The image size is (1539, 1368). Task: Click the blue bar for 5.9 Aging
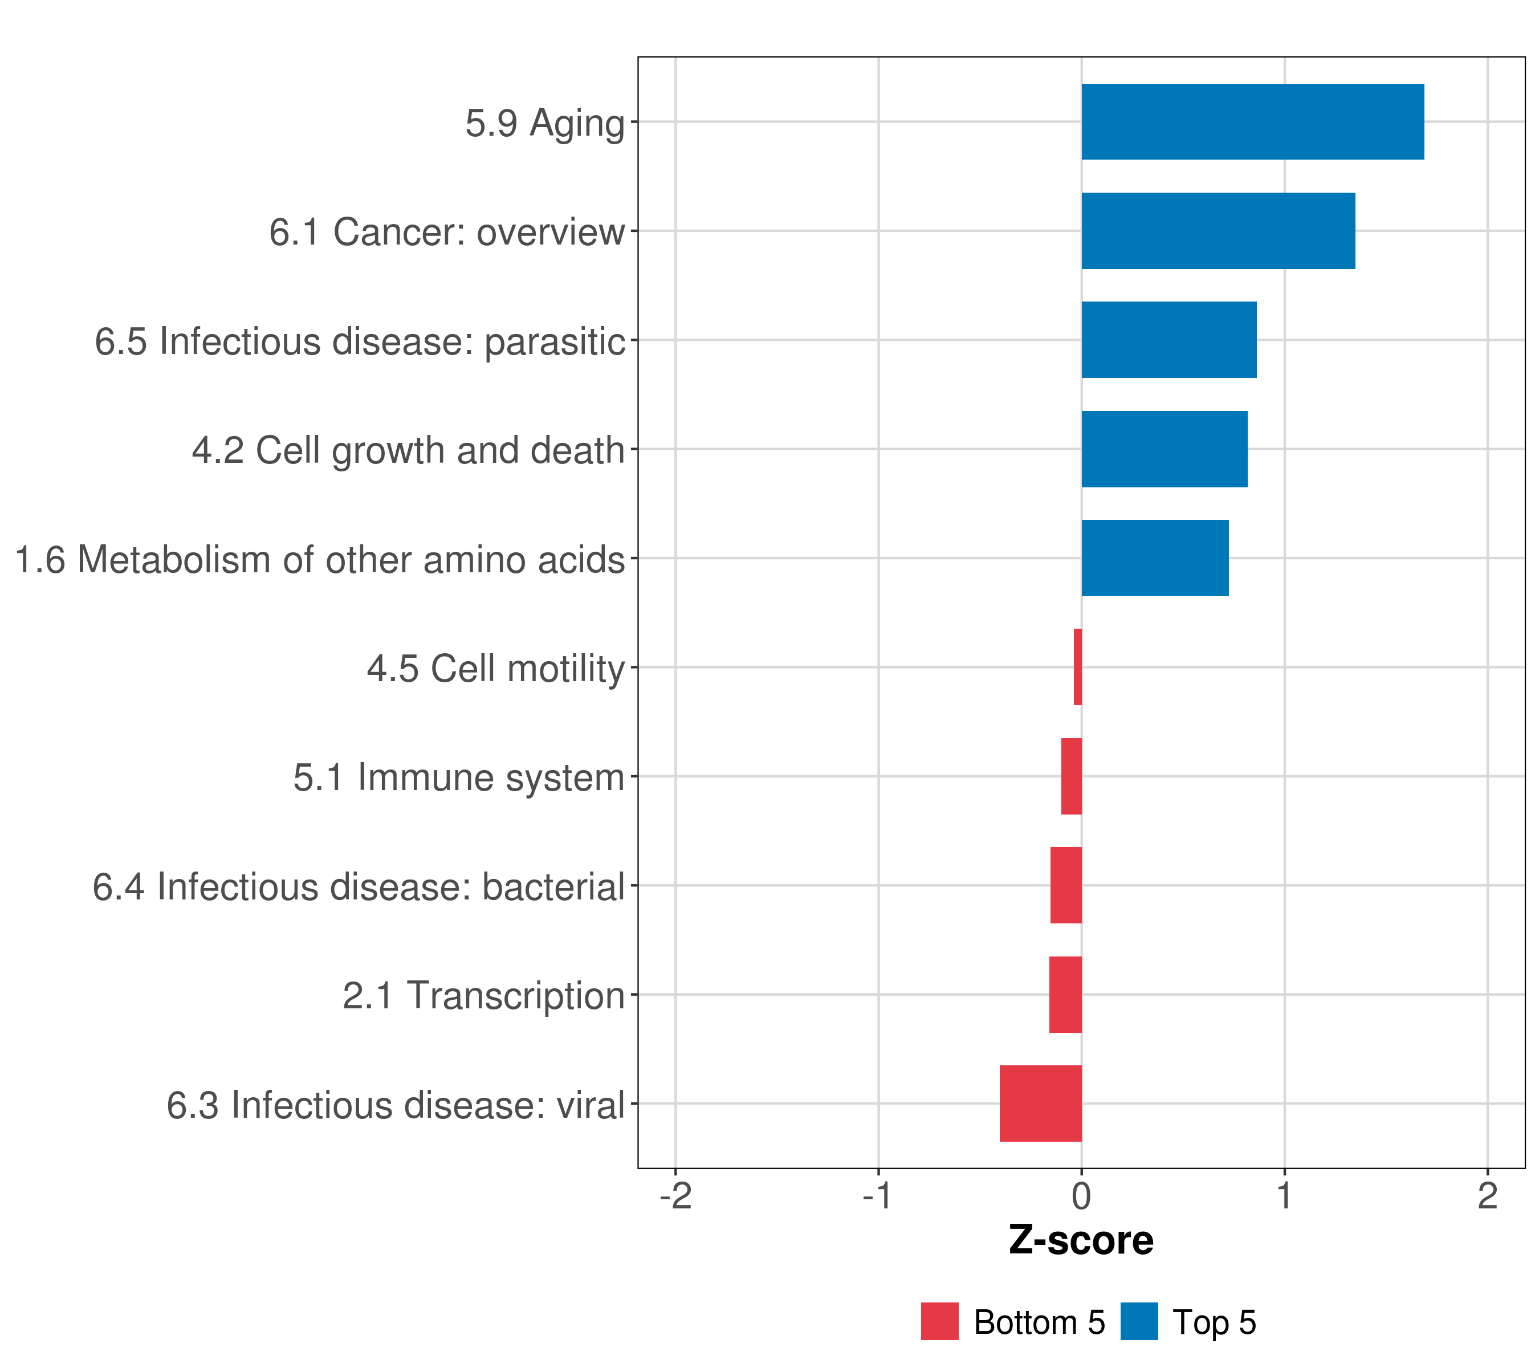tap(1252, 122)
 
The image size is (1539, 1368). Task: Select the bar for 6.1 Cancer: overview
tap(1218, 231)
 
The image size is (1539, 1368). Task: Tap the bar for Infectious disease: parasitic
tap(1168, 340)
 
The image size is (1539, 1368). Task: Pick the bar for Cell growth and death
tap(1164, 450)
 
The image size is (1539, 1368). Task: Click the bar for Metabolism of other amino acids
tap(1155, 558)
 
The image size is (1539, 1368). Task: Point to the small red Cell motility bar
tap(1077, 667)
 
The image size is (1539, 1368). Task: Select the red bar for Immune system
tap(1072, 776)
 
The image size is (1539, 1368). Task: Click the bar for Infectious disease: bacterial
tap(1066, 885)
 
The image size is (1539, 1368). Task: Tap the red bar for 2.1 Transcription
tap(1065, 995)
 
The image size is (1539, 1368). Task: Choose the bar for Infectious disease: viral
tap(1041, 1104)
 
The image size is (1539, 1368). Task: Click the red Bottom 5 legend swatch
tap(940, 1321)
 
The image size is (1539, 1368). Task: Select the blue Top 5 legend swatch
tap(1138, 1321)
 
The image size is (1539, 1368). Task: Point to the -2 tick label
tap(675, 1196)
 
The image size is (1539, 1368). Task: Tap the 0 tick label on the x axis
tap(1081, 1196)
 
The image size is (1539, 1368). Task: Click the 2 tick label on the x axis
tap(1487, 1196)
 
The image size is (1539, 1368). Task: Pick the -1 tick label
tap(878, 1196)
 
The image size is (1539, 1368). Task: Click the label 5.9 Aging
tap(544, 124)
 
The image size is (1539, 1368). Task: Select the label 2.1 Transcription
tap(483, 995)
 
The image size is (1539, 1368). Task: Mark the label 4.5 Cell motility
tap(495, 669)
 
